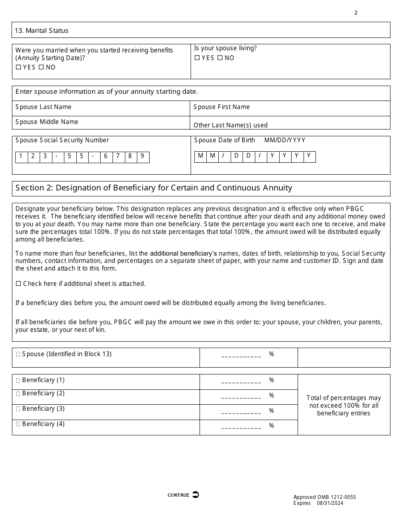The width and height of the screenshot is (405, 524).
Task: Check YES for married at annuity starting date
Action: tap(18, 67)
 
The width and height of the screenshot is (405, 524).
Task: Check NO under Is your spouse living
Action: tap(220, 58)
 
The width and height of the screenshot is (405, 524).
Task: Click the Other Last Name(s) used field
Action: tap(290, 125)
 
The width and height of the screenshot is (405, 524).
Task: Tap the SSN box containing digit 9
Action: tap(142, 156)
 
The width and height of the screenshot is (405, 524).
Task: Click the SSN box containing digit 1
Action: tap(21, 156)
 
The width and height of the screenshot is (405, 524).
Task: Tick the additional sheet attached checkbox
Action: tap(18, 284)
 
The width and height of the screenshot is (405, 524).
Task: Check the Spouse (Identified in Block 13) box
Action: tap(18, 354)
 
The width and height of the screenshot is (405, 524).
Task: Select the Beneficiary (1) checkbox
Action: tap(18, 380)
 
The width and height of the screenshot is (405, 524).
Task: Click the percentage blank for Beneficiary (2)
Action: tap(241, 397)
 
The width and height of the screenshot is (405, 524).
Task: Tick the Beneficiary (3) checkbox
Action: tap(18, 409)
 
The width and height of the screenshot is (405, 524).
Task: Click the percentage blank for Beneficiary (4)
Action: tap(241, 428)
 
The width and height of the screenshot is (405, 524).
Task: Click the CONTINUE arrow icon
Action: tap(195, 495)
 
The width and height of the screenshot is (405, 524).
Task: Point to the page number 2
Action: tap(356, 13)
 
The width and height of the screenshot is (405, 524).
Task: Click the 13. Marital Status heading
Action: tap(41, 31)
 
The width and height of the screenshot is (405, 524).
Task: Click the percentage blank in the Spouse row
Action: tap(241, 356)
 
